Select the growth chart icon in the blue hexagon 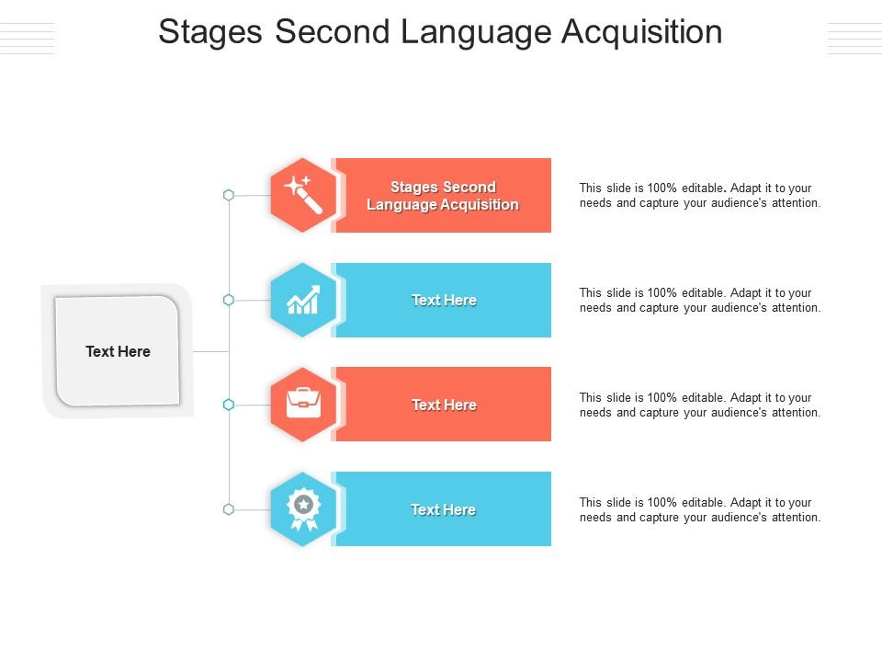point(303,300)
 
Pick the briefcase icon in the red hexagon point(303,405)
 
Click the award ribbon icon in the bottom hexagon point(303,509)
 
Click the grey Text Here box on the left point(118,351)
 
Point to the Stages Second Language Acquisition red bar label point(443,196)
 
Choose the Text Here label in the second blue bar point(444,301)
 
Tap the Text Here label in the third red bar point(444,405)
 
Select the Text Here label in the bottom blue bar point(443,510)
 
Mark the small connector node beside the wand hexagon point(229,195)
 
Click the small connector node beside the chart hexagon point(229,300)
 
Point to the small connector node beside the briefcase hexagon point(229,405)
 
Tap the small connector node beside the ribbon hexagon point(229,509)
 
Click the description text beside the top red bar point(699,196)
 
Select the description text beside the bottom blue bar point(699,510)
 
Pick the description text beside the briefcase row point(699,405)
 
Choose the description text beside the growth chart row point(699,301)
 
